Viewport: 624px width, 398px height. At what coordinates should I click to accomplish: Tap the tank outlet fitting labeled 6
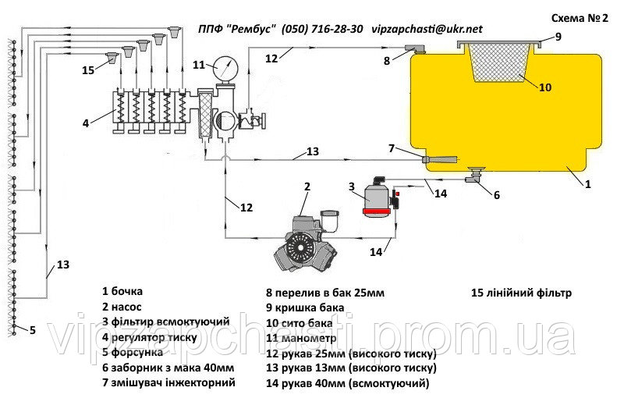(x=473, y=178)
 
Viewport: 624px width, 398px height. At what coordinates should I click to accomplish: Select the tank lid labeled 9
(x=500, y=41)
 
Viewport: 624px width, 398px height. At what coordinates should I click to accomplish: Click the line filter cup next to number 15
(x=112, y=56)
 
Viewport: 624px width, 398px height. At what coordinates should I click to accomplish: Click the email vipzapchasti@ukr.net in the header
(x=427, y=28)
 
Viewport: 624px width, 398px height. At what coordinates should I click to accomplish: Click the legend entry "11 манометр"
(x=301, y=339)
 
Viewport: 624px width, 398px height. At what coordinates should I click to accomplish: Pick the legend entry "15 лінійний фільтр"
(x=521, y=293)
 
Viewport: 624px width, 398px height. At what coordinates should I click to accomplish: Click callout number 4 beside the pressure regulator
(x=87, y=121)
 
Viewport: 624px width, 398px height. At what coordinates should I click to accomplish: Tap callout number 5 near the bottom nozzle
(x=32, y=330)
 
